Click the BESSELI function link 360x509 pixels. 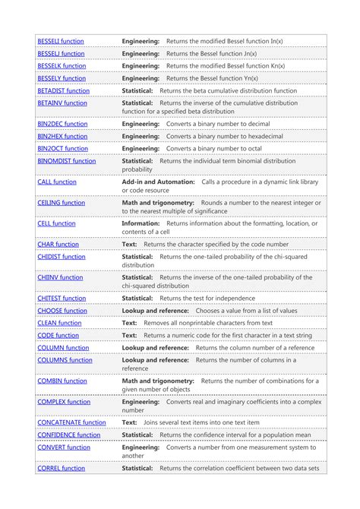click(61, 41)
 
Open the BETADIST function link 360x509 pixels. click(63, 90)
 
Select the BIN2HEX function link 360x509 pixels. click(62, 136)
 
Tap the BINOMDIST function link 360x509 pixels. click(67, 161)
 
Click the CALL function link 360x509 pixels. click(57, 182)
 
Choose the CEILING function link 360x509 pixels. click(62, 203)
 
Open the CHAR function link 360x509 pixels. click(58, 245)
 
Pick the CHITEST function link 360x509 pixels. click(62, 299)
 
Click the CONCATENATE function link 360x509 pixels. click(71, 422)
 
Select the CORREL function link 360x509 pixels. click(61, 468)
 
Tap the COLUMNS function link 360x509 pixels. click(65, 360)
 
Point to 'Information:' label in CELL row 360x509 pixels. click(141, 224)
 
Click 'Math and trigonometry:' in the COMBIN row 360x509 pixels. click(158, 381)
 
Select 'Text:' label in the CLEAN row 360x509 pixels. click(130, 323)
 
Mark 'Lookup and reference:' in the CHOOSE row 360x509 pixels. click(155, 311)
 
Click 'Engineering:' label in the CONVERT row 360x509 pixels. click(141, 447)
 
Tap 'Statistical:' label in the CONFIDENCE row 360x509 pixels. click(137, 435)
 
